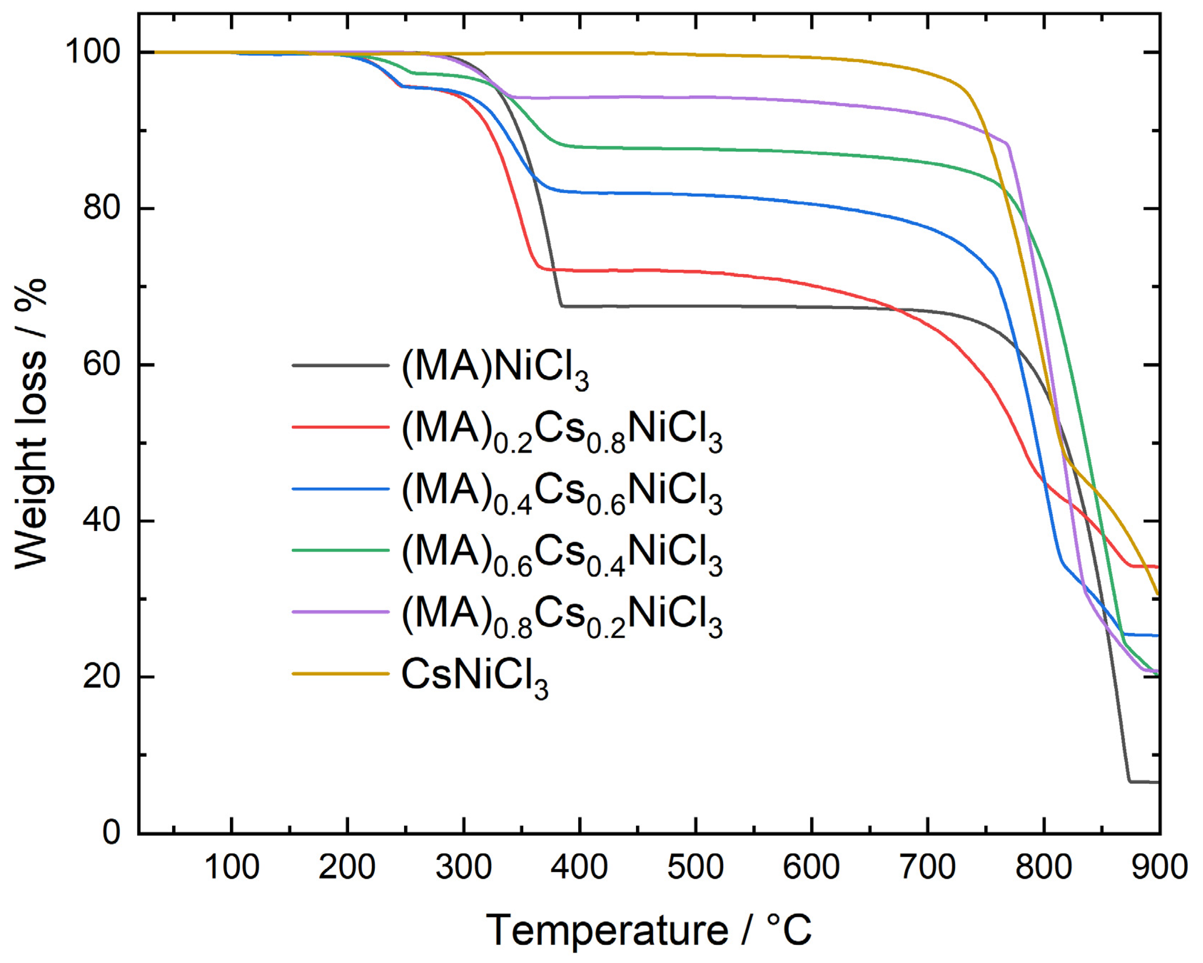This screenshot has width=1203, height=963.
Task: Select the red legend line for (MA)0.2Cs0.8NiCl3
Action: point(340,427)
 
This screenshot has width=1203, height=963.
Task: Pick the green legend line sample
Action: point(340,550)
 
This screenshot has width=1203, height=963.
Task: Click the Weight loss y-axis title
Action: point(31,424)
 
